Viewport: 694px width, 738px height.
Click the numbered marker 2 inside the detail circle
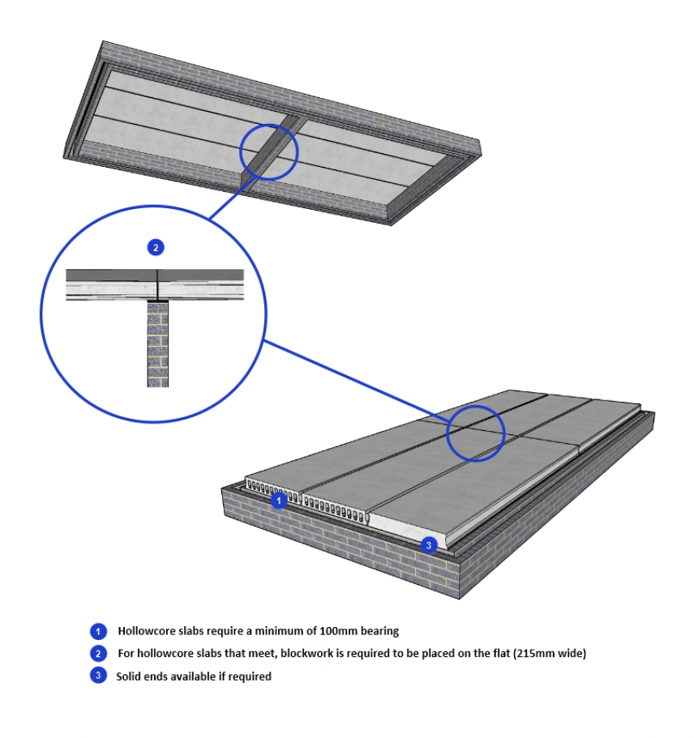click(x=155, y=247)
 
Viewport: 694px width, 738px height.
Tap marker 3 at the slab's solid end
click(x=430, y=544)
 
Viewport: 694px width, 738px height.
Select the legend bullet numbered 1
click(x=98, y=630)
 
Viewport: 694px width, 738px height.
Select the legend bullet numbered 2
click(x=98, y=653)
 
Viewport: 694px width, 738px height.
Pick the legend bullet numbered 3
click(x=98, y=676)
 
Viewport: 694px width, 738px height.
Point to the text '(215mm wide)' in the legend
click(x=544, y=653)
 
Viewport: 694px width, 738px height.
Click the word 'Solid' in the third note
click(x=130, y=676)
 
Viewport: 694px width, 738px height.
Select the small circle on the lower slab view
click(x=474, y=433)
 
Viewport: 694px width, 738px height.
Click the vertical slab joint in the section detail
click(x=156, y=284)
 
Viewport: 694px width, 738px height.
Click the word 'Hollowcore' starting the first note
click(x=143, y=630)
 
